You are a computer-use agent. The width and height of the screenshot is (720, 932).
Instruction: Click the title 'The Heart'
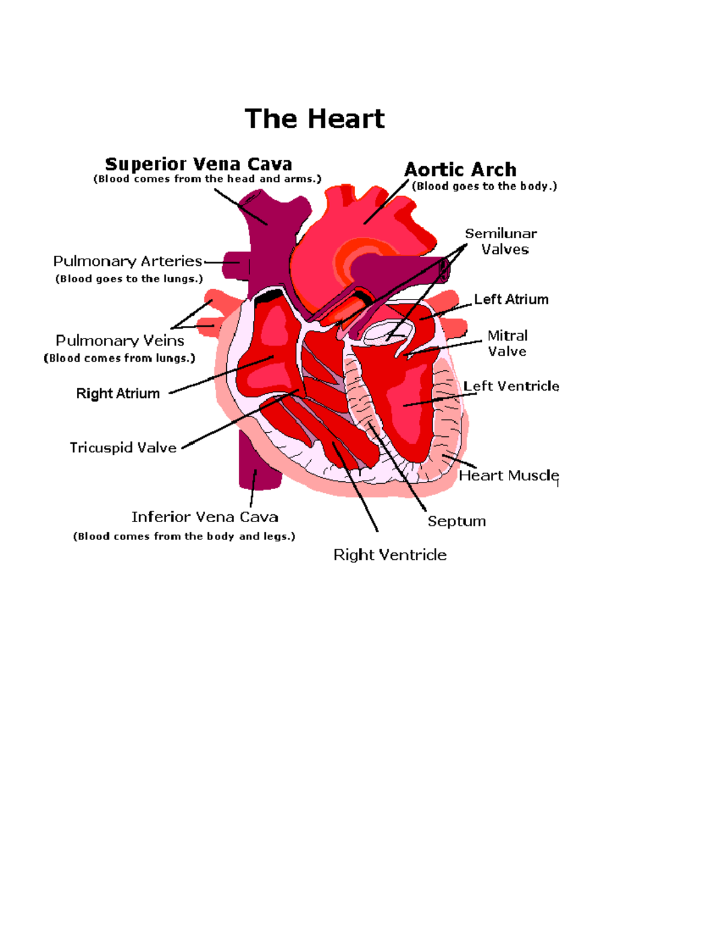314,119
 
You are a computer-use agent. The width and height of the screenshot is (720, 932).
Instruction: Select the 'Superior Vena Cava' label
198,164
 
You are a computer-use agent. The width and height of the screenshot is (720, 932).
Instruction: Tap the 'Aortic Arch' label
460,170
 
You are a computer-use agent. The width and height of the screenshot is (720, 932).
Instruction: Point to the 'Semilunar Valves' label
502,241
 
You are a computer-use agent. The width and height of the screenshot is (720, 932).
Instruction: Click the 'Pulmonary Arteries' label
127,261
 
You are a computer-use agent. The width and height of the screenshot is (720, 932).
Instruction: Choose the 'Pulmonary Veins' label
120,340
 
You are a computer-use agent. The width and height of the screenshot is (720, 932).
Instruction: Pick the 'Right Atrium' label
118,393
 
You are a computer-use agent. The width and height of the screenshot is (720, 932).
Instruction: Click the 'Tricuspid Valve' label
123,448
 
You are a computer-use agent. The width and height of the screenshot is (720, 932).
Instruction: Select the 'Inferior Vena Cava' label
205,517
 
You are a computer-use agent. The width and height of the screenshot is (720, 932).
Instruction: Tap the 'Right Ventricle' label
390,555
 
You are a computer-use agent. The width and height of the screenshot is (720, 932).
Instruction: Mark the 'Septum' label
457,521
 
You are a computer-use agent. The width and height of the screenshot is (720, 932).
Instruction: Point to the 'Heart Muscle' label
509,475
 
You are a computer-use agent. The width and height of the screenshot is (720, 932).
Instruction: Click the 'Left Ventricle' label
511,386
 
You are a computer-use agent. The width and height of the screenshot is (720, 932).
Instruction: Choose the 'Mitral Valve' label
508,343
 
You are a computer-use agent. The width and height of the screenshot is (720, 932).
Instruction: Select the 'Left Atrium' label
511,299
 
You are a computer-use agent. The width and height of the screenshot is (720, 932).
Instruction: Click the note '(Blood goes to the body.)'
484,186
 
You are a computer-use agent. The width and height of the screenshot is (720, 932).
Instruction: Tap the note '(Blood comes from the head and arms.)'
207,179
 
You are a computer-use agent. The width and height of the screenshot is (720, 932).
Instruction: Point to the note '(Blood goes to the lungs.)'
129,278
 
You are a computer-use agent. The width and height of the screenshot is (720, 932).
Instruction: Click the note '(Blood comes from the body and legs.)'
184,536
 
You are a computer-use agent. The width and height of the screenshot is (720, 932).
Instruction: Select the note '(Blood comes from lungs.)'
119,358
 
